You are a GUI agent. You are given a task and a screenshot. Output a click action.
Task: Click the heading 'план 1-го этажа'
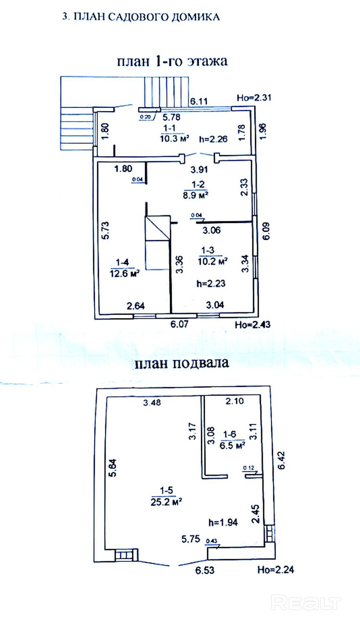[x=172, y=61]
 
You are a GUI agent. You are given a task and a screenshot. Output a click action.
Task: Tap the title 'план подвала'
[x=182, y=362]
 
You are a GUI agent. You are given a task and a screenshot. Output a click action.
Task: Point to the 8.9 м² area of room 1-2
[x=195, y=195]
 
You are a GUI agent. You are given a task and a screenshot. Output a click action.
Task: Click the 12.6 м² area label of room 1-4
[x=124, y=273]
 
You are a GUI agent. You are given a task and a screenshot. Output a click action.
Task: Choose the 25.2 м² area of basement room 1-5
[x=166, y=502]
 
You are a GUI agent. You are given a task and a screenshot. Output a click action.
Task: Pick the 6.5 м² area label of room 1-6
[x=232, y=445]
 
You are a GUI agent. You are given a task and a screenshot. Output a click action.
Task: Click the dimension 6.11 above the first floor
[x=199, y=101]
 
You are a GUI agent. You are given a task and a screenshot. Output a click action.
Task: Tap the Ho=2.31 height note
[x=254, y=97]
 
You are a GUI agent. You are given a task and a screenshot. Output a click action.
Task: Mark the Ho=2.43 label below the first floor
[x=252, y=325]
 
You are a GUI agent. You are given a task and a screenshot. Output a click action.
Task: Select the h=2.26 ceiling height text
[x=213, y=139]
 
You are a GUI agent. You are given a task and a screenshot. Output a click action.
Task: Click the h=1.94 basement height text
[x=223, y=522]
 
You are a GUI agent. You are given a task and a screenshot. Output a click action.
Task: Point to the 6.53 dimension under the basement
[x=205, y=570]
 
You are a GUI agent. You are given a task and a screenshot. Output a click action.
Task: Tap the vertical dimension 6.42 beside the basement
[x=281, y=461]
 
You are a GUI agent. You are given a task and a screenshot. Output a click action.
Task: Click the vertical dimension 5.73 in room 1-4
[x=105, y=231]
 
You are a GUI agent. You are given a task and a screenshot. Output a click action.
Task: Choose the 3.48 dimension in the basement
[x=152, y=403]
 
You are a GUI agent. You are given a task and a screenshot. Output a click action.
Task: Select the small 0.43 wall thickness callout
[x=211, y=541]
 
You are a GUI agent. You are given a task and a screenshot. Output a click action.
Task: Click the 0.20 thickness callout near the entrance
[x=145, y=117]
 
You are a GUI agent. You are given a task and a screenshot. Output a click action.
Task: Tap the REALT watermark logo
[x=307, y=603]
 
